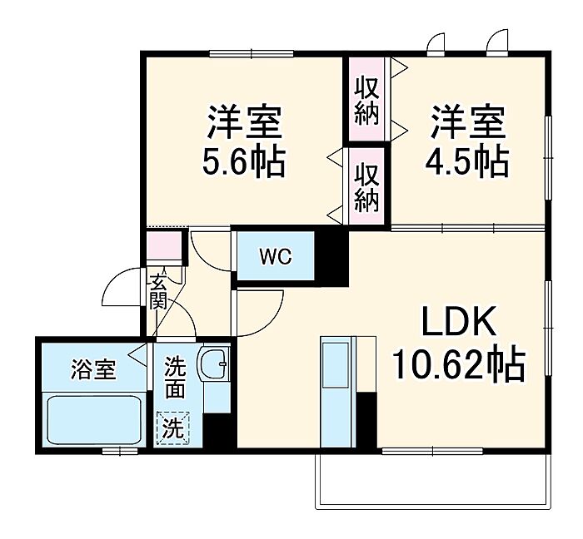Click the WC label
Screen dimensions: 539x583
274,257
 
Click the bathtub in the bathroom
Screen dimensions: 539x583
93,421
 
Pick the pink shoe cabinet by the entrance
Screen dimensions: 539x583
163,246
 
